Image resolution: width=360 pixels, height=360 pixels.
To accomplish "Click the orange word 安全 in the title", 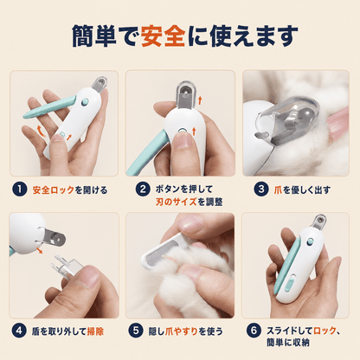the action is [164, 36].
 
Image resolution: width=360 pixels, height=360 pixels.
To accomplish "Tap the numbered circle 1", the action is [19, 190].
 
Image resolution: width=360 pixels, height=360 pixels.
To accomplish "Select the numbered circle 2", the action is [143, 190].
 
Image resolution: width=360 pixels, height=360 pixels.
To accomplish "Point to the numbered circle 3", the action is [261, 190].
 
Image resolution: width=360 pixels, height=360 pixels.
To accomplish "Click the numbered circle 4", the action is [19, 331].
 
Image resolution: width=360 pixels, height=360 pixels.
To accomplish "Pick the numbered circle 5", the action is [136, 331].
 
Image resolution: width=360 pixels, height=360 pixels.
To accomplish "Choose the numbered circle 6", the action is [254, 331].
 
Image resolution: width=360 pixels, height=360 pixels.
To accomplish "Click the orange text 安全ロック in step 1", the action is [53, 190].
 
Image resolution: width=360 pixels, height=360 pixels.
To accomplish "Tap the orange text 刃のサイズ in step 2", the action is [177, 202].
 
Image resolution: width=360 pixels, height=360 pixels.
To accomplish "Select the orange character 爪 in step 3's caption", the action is [278, 190].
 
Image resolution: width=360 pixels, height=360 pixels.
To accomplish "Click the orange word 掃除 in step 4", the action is [95, 331].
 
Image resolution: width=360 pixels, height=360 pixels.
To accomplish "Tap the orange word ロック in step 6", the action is [325, 331].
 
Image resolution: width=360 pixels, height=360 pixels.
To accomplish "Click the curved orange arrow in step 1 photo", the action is [42, 132].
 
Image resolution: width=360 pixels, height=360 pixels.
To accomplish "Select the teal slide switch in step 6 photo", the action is [290, 283].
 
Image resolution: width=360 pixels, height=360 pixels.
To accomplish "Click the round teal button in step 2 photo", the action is [183, 132].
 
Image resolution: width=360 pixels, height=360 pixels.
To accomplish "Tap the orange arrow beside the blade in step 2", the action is [200, 100].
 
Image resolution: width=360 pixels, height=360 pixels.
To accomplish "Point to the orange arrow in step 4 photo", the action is [40, 250].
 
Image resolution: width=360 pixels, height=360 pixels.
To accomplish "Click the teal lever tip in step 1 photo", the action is [26, 115].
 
